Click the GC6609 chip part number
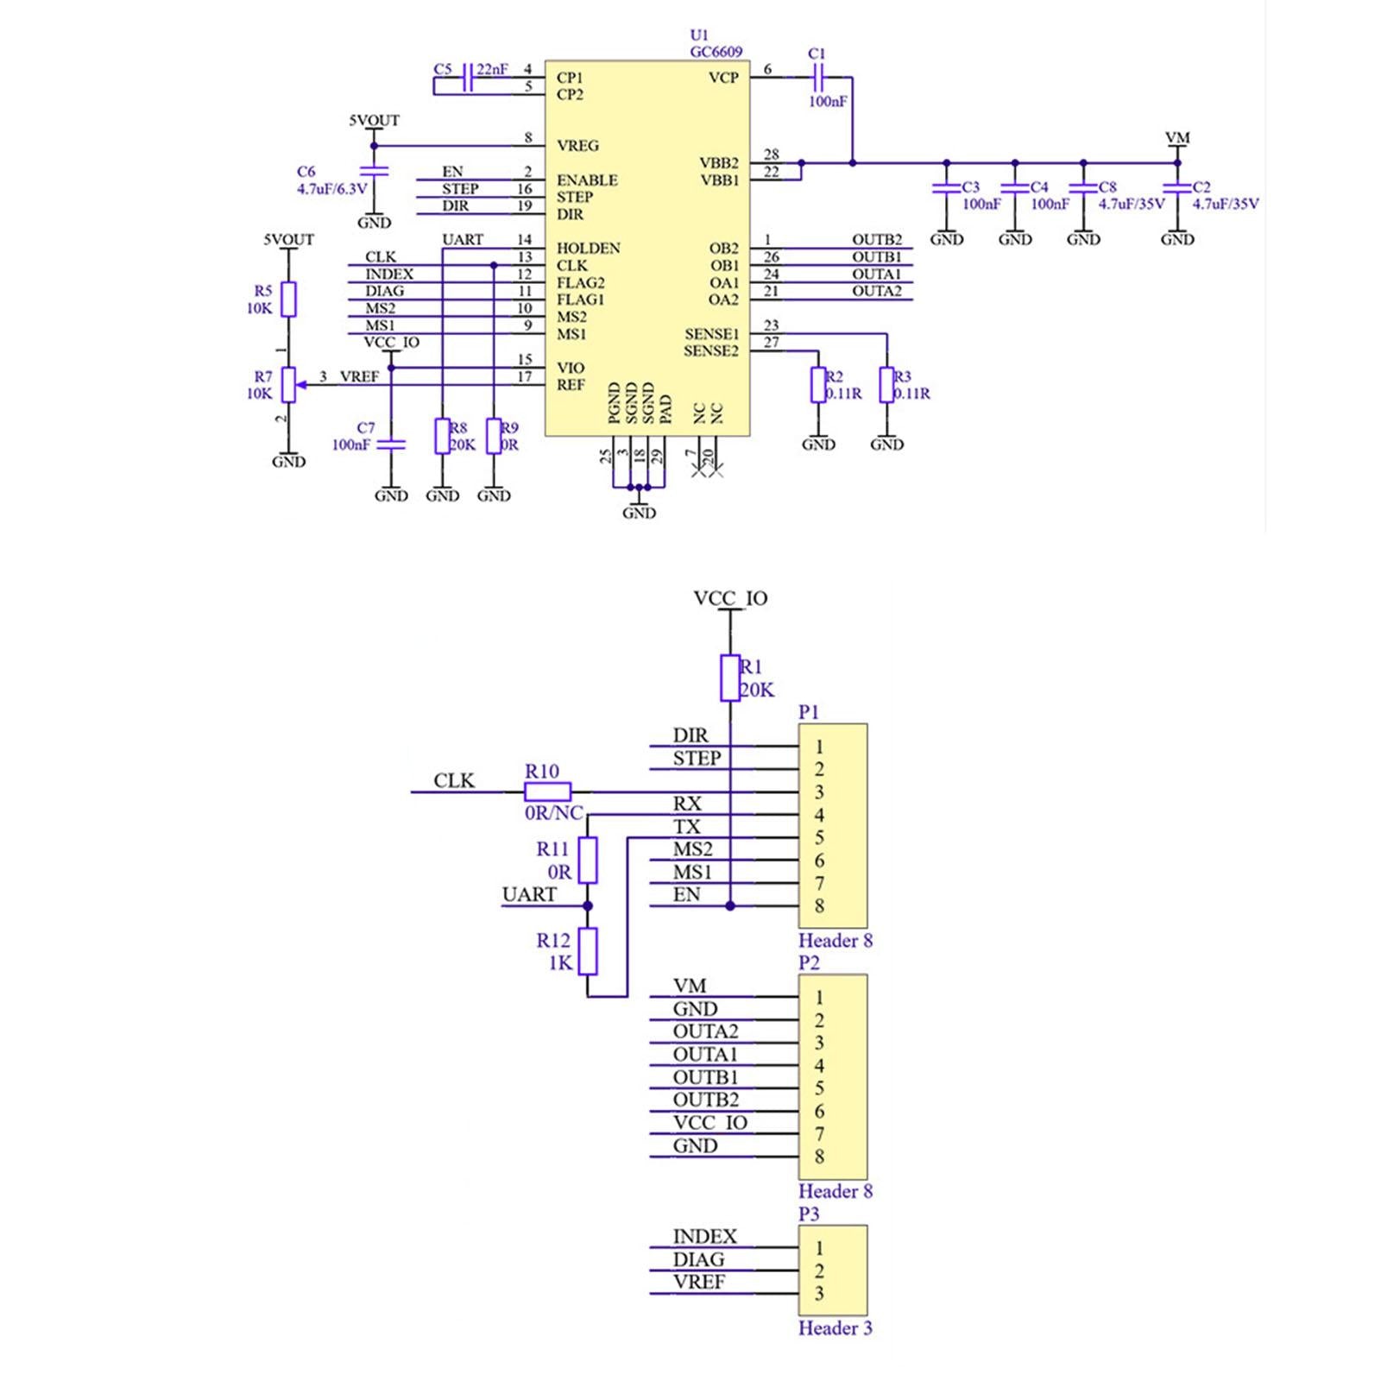click(716, 52)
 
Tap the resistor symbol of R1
click(730, 678)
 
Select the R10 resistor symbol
click(547, 791)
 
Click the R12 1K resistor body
click(588, 951)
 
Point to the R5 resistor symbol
click(289, 299)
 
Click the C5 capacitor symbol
click(468, 77)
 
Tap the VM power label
click(1177, 138)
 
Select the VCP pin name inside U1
click(723, 78)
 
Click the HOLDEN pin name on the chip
click(588, 249)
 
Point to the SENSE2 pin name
click(711, 351)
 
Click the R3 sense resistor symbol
click(886, 385)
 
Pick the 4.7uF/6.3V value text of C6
click(332, 189)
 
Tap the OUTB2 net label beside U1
click(877, 240)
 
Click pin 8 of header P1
click(819, 906)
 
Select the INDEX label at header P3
click(704, 1237)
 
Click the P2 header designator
click(809, 962)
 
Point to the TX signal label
click(687, 827)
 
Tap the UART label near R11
click(529, 895)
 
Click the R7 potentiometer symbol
click(289, 385)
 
